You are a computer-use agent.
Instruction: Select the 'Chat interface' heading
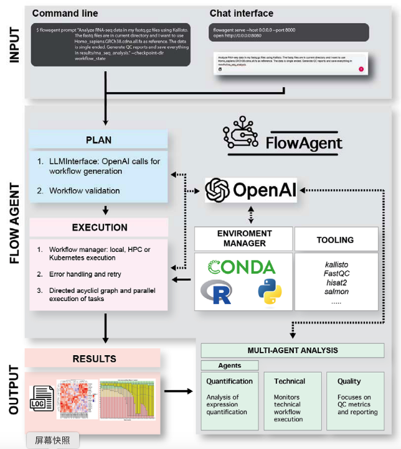[x=241, y=13]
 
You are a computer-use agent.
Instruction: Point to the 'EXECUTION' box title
[x=100, y=227]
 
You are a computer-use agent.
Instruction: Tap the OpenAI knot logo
[x=219, y=189]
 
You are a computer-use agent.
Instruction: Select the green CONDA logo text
[x=241, y=267]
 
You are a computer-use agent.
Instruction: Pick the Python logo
[x=270, y=292]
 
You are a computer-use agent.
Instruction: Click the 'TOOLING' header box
[x=335, y=239]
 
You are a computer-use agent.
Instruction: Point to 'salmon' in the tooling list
[x=335, y=291]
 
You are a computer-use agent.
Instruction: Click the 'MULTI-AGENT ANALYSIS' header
[x=292, y=350]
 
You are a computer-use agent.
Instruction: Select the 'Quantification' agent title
[x=229, y=381]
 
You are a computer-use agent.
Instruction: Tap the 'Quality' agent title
[x=349, y=381]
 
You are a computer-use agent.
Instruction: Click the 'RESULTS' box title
[x=94, y=358]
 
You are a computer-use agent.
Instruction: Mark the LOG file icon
[x=41, y=403]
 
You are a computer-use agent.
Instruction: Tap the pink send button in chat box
[x=361, y=69]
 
